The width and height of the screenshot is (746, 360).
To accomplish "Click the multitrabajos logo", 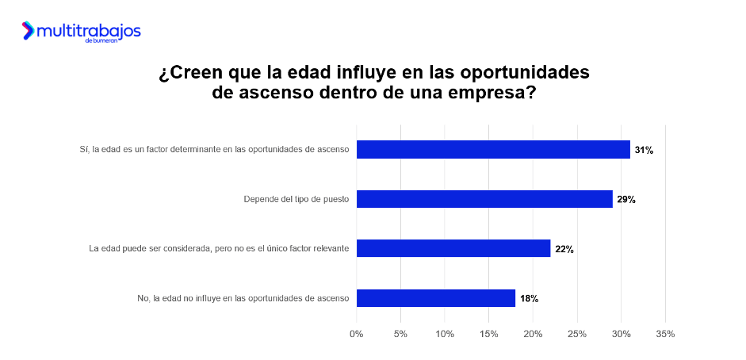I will (82, 32).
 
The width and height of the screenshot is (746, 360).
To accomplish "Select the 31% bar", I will (493, 149).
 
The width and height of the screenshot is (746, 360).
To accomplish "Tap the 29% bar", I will (484, 199).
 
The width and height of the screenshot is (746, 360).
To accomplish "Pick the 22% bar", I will (453, 248).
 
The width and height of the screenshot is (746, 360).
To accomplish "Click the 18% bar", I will (436, 298).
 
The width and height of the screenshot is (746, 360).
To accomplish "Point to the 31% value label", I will (643, 150).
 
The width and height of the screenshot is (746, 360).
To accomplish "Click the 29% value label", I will (625, 199).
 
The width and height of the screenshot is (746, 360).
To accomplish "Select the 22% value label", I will (564, 249).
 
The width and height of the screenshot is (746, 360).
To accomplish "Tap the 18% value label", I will (529, 299).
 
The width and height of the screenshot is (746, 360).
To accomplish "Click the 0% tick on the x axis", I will (357, 334).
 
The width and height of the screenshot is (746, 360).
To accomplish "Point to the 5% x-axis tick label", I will (401, 334).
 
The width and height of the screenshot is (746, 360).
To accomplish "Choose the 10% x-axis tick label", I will (445, 334).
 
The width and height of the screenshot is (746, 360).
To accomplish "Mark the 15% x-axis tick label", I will (489, 334).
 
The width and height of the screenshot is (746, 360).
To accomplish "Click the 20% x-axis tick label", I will (533, 334).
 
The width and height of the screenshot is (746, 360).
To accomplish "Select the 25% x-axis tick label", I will (577, 334).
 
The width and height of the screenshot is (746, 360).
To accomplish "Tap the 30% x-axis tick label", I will (622, 334).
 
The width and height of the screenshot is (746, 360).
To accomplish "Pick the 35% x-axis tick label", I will (665, 334).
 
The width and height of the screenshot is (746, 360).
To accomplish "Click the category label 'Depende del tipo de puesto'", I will (296, 199).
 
